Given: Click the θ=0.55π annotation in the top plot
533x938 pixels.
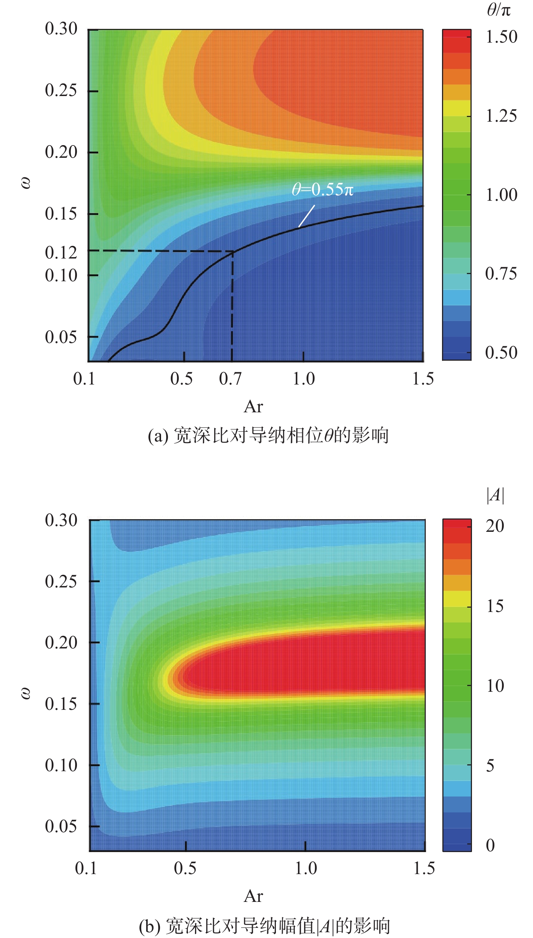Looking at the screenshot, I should click(322, 190).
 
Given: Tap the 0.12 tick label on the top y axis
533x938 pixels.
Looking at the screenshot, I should click(61, 252).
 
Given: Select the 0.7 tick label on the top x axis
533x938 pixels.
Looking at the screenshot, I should click(230, 379).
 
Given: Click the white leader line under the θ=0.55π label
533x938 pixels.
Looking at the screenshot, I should click(306, 216).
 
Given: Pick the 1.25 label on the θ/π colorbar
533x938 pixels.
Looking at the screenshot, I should click(501, 116).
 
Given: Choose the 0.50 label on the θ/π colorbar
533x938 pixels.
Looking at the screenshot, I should click(501, 352).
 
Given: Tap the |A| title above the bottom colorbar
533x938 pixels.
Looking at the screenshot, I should click(495, 495).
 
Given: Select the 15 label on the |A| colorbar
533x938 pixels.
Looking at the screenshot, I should click(495, 607).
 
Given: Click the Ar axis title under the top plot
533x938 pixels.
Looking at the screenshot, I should click(253, 407).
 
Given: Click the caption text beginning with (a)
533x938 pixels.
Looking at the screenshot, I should click(268, 435).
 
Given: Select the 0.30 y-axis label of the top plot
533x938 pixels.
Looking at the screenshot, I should click(61, 29).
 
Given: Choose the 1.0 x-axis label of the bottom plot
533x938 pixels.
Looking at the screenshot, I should click(305, 868).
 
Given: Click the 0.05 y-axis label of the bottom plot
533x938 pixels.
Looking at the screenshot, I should click(61, 826).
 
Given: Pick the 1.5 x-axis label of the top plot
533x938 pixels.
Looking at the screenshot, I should click(423, 379).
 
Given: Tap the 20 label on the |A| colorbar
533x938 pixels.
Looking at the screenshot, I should click(495, 526).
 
